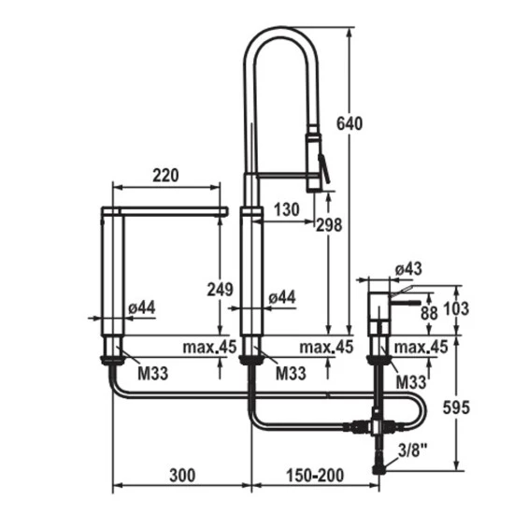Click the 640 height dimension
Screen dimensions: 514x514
click(350, 123)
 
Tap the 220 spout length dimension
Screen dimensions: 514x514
click(165, 175)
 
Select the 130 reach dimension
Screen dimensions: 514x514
click(287, 209)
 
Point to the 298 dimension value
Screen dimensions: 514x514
click(329, 225)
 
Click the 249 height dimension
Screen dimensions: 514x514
click(221, 289)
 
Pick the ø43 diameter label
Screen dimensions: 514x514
click(408, 269)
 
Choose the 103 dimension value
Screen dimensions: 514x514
click(456, 308)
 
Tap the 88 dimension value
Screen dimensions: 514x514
click(429, 313)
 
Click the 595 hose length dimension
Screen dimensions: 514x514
click(456, 407)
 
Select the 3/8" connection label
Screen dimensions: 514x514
click(413, 450)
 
